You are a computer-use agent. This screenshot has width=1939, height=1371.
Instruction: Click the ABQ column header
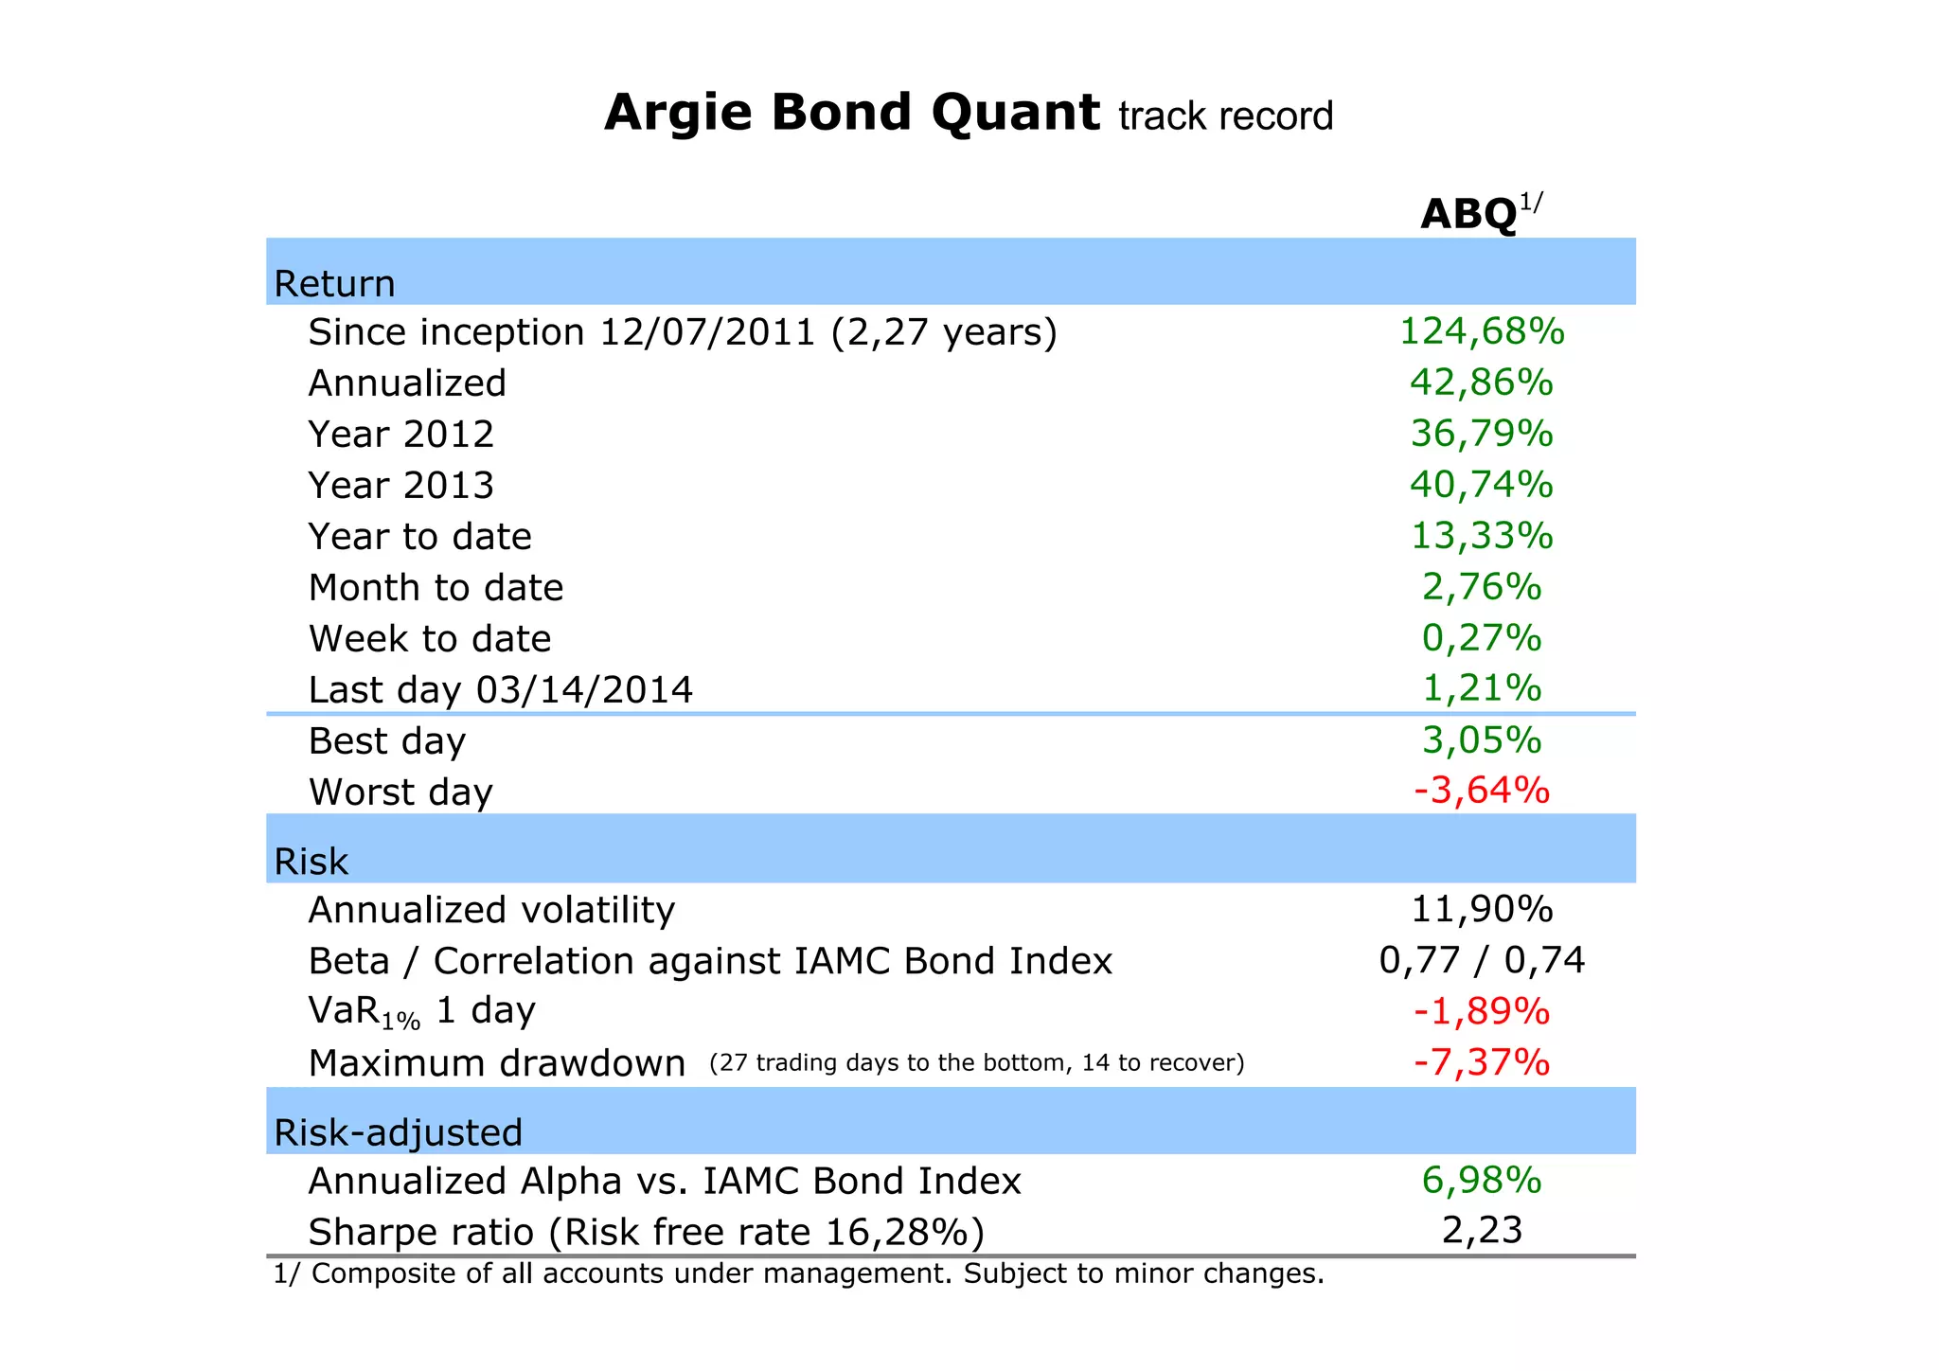click(x=1470, y=215)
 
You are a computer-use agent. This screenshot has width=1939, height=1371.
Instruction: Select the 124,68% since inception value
click(x=1482, y=331)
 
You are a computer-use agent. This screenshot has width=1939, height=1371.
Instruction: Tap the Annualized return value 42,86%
click(x=1482, y=383)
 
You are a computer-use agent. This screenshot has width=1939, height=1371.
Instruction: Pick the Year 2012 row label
click(x=401, y=435)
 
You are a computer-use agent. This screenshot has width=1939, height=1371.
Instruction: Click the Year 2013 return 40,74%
click(x=1482, y=485)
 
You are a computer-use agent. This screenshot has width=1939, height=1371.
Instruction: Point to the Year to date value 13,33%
click(x=1482, y=536)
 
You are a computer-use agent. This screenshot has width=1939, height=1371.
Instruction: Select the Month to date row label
click(x=436, y=588)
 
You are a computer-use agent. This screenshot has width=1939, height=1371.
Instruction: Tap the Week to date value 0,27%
click(x=1482, y=638)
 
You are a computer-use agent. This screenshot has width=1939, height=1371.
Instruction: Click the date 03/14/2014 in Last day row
click(x=584, y=690)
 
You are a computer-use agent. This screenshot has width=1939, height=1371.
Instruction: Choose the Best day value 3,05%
click(x=1482, y=739)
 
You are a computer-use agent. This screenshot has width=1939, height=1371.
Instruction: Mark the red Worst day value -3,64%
click(x=1482, y=790)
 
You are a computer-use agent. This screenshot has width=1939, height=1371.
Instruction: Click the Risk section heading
click(x=311, y=863)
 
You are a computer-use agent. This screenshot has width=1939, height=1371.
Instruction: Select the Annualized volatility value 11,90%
click(x=1482, y=910)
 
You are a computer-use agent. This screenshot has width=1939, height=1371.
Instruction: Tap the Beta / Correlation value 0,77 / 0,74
click(x=1482, y=961)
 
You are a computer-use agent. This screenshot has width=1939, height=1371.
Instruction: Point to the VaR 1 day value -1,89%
click(x=1482, y=1012)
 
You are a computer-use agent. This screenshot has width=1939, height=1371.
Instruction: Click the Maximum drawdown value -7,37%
click(x=1482, y=1062)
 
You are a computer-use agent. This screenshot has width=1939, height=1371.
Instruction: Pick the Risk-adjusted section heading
click(x=398, y=1133)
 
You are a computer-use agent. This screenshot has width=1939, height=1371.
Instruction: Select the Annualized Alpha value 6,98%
click(x=1482, y=1181)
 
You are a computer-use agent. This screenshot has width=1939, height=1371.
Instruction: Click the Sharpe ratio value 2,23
click(x=1482, y=1231)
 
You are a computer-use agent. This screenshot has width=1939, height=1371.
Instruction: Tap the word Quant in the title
click(x=1015, y=114)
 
